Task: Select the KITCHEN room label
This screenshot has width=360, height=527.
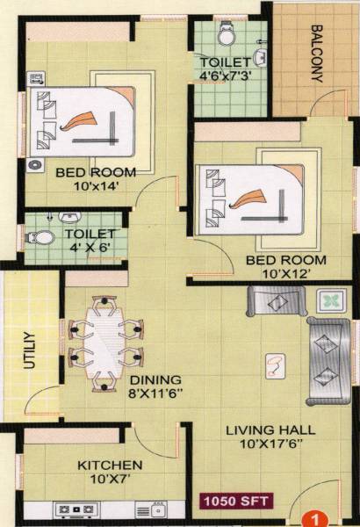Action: click(x=110, y=464)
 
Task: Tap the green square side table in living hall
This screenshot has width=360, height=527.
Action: click(x=331, y=302)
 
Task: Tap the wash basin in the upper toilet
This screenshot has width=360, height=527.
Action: click(x=261, y=57)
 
